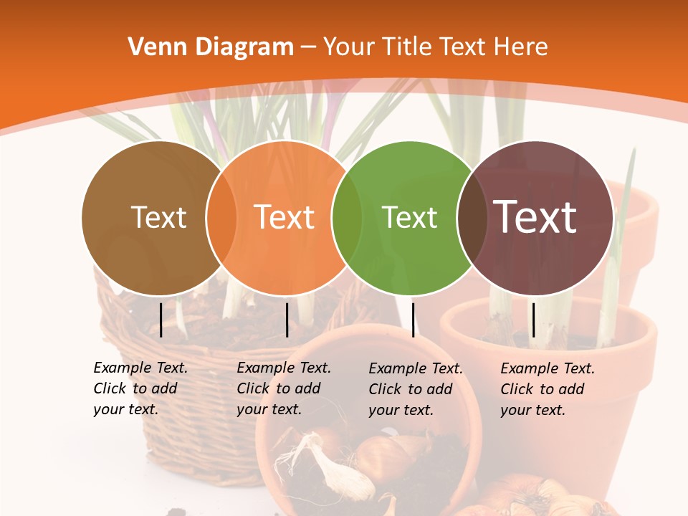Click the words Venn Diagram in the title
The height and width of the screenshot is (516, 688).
(211, 47)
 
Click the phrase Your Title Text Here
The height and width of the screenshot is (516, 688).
(436, 47)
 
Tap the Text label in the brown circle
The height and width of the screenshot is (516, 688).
(158, 217)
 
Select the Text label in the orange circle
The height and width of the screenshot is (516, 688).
(285, 217)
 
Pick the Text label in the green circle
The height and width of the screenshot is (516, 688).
(409, 217)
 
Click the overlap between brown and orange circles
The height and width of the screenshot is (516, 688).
(221, 218)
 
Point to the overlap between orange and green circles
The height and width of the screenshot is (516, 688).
(347, 218)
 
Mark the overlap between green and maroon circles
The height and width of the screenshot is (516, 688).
(472, 218)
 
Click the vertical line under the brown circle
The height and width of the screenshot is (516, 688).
(161, 320)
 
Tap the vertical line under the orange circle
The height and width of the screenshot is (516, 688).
(287, 320)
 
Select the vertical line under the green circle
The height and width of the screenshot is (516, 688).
(414, 320)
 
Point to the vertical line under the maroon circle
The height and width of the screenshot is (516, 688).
(533, 320)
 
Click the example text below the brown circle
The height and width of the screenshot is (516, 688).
(140, 388)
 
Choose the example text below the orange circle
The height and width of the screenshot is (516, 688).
(283, 388)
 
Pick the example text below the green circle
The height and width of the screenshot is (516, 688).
(415, 389)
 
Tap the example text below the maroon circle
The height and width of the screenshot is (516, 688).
(547, 389)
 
